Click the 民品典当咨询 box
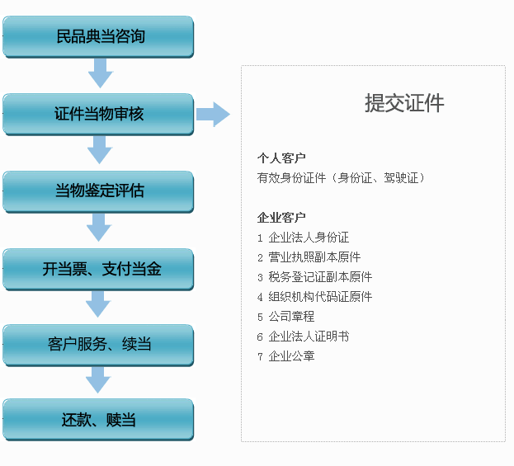click(x=98, y=37)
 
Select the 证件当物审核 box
click(x=98, y=114)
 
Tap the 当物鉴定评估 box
click(x=98, y=191)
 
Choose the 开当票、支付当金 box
click(x=98, y=270)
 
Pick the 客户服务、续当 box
click(x=98, y=345)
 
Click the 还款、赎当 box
click(x=98, y=420)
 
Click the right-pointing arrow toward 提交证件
click(x=213, y=115)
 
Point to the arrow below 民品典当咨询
click(x=101, y=73)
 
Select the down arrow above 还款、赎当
click(x=98, y=380)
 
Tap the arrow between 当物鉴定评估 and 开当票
click(x=99, y=228)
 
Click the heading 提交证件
click(x=404, y=103)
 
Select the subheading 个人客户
click(x=281, y=158)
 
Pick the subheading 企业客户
click(x=281, y=217)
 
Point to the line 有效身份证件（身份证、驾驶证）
click(x=341, y=178)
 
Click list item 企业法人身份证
click(x=309, y=238)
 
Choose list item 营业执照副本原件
click(x=314, y=257)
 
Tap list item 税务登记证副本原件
click(x=320, y=277)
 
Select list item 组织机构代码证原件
click(x=320, y=297)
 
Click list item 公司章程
click(x=291, y=316)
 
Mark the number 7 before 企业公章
click(x=260, y=356)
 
